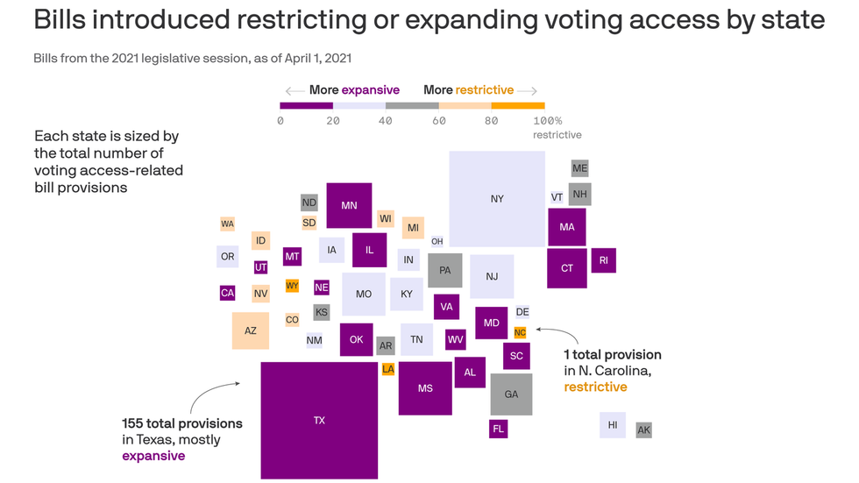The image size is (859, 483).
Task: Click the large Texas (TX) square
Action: [319, 420]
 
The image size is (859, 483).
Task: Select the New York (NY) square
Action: [497, 198]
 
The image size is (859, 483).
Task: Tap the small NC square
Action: [520, 332]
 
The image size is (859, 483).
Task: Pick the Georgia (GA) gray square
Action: [511, 394]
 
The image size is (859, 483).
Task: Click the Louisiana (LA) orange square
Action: [388, 369]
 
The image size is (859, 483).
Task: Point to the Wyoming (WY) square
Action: [292, 286]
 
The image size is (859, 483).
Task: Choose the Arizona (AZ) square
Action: [251, 330]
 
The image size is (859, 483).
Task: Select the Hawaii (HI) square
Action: [612, 425]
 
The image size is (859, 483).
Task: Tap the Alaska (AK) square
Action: [643, 430]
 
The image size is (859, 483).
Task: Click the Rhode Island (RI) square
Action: [603, 260]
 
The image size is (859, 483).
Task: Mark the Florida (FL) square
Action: [498, 429]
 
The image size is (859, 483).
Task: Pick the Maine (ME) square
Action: [579, 167]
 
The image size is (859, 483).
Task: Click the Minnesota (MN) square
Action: [349, 205]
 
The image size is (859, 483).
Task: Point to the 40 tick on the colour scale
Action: [386, 119]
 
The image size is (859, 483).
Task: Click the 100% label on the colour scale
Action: [547, 120]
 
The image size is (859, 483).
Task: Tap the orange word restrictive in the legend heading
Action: [485, 89]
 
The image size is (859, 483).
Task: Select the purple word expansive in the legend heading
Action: [370, 89]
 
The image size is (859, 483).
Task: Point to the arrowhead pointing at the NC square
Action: [536, 330]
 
